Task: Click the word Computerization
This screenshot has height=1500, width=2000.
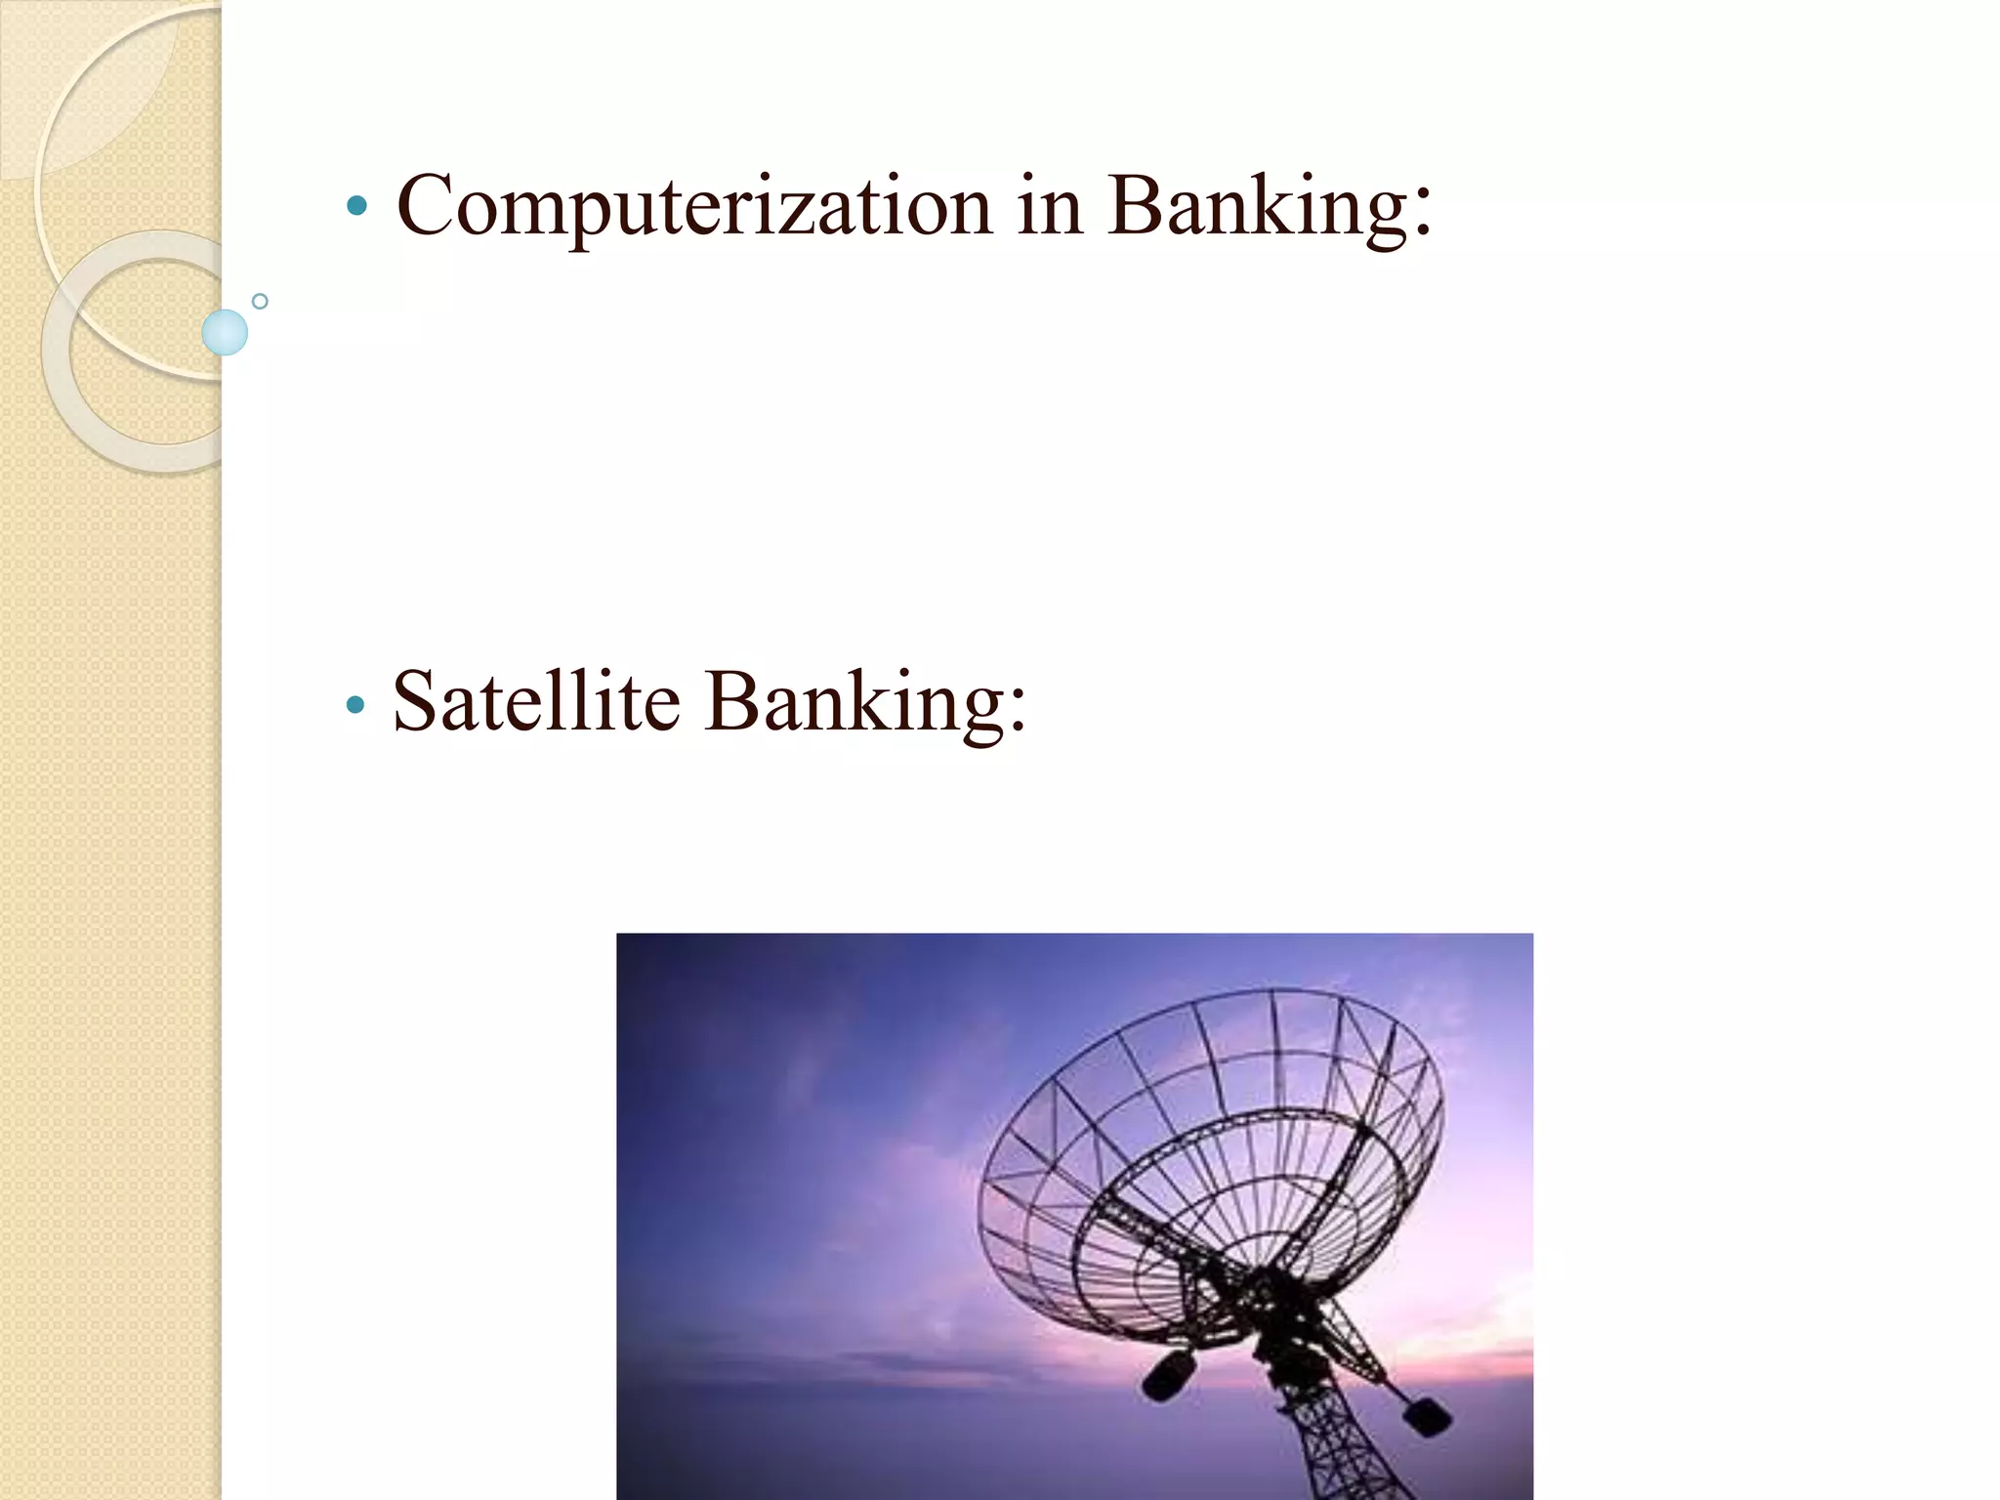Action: (x=694, y=206)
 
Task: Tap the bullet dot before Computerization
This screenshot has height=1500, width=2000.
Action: (x=356, y=206)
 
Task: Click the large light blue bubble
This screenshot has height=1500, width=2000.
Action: (x=225, y=332)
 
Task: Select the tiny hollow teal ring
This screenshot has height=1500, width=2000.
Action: (x=260, y=302)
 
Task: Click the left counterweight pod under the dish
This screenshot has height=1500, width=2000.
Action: (x=1168, y=1374)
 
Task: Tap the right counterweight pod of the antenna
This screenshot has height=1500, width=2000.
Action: (x=1425, y=1415)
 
